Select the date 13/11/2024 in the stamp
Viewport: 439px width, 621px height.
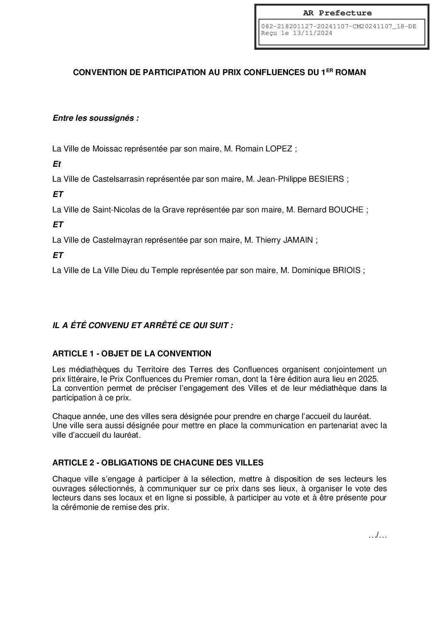(314, 34)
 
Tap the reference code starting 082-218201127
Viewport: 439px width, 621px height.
(338, 27)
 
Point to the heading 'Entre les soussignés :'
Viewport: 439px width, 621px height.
(95, 118)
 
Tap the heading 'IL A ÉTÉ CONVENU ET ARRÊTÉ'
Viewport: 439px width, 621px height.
(142, 326)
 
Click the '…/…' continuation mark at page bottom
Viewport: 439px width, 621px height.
(377, 536)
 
